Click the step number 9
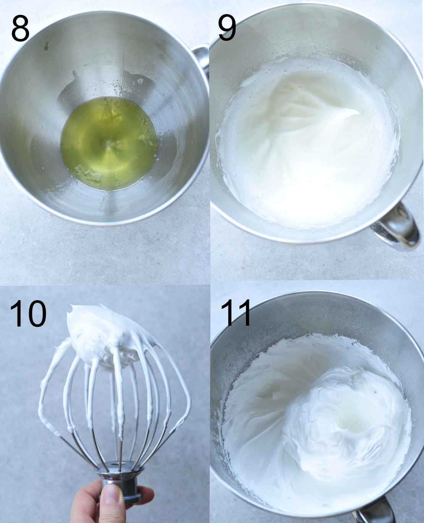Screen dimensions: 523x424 [x=227, y=29]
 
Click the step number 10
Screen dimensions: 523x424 [x=28, y=314]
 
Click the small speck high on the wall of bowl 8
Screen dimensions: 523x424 [x=46, y=47]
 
